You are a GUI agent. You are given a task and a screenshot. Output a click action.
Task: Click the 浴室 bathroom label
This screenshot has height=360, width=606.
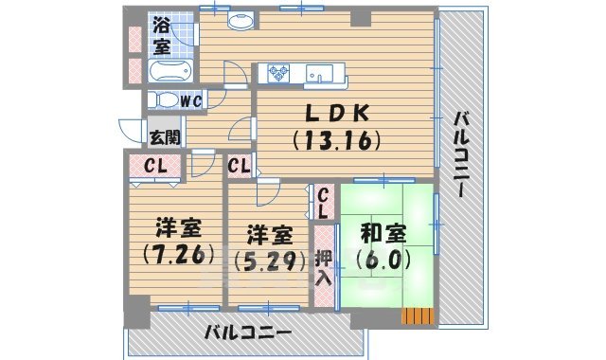pos(162,35)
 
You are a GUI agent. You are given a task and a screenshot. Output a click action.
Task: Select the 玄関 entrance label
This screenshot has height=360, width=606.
pos(163,136)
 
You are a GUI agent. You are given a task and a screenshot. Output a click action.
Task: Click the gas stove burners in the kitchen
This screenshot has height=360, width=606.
pos(279,72)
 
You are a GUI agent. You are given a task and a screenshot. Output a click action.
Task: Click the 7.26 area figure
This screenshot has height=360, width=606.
pos(176,254)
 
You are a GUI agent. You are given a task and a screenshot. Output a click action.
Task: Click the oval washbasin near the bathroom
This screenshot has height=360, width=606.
pos(242,20)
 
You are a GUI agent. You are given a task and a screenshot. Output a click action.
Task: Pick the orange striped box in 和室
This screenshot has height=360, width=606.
pos(417,315)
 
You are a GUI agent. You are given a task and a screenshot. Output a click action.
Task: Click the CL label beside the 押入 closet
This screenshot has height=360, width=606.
pos(324,201)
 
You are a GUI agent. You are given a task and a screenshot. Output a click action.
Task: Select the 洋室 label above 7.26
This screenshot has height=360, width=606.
pos(177,228)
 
